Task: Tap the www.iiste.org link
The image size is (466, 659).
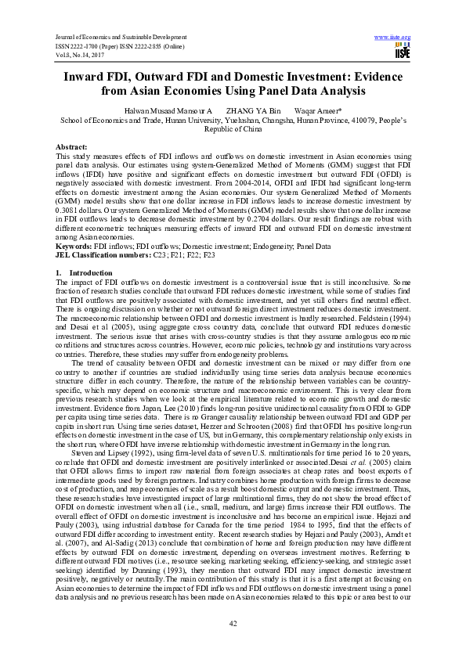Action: pyautogui.click(x=393, y=37)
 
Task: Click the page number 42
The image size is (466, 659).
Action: pyautogui.click(x=233, y=621)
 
